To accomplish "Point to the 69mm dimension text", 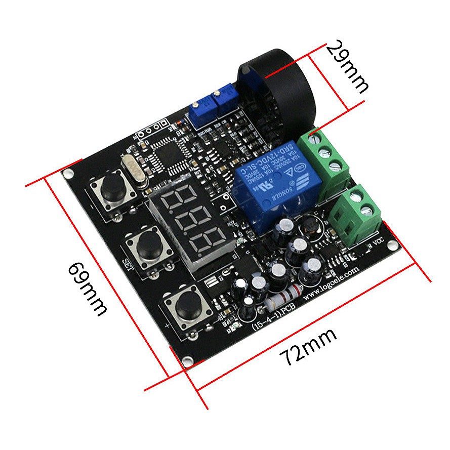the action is [x=87, y=288].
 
